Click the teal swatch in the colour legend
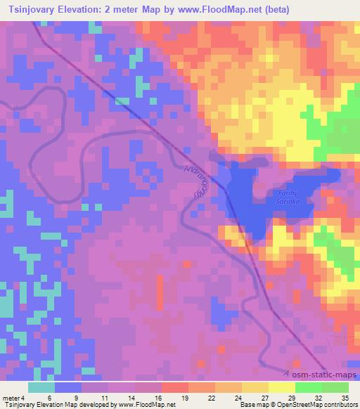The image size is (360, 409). coord(41,387)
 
